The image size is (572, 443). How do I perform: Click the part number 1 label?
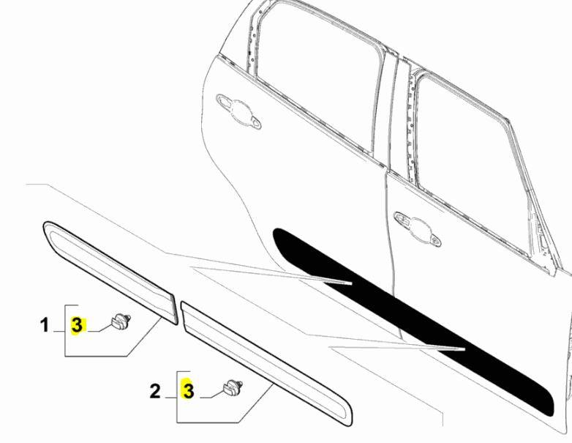[44, 324]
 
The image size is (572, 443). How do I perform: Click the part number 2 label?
[154, 391]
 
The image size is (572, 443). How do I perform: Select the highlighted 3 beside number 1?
[78, 325]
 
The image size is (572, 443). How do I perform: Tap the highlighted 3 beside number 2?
[188, 391]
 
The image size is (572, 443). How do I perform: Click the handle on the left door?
[238, 110]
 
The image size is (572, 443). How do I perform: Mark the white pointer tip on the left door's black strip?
[350, 282]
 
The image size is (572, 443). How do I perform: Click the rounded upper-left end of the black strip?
[282, 236]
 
